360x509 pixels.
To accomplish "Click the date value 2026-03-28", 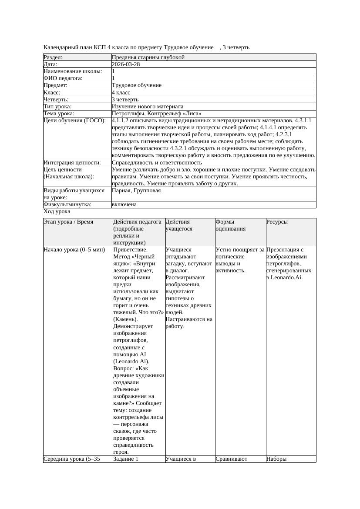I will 126,64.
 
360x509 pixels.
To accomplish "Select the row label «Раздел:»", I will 53,57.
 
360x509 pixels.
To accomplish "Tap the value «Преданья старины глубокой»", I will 148,57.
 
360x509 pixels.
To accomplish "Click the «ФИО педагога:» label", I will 63,78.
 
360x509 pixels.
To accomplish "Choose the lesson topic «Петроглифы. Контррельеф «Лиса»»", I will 156,114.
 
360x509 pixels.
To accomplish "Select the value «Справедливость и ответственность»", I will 157,163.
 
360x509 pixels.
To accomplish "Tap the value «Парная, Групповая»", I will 136,191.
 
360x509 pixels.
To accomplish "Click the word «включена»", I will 124,204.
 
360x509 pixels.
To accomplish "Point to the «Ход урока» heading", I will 57,211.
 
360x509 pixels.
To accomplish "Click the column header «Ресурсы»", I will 277,222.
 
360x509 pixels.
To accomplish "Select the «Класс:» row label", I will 52,93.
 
